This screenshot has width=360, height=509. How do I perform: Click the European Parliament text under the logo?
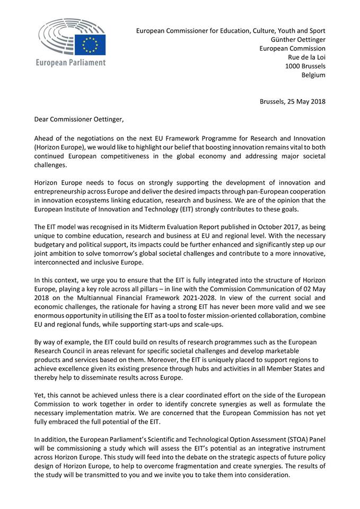pos(70,63)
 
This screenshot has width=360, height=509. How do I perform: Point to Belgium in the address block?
pos(313,75)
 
